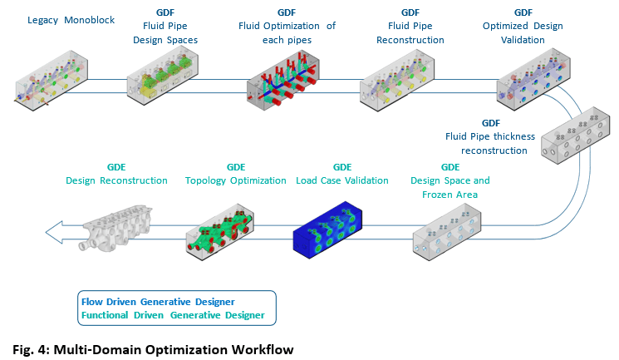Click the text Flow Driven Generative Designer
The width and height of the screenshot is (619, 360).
click(x=157, y=301)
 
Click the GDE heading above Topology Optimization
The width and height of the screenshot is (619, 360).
click(x=236, y=166)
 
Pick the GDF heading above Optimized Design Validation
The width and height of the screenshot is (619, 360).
click(x=523, y=12)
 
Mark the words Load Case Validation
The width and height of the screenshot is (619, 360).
click(x=342, y=180)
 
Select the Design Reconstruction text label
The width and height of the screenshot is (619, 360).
click(x=116, y=180)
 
